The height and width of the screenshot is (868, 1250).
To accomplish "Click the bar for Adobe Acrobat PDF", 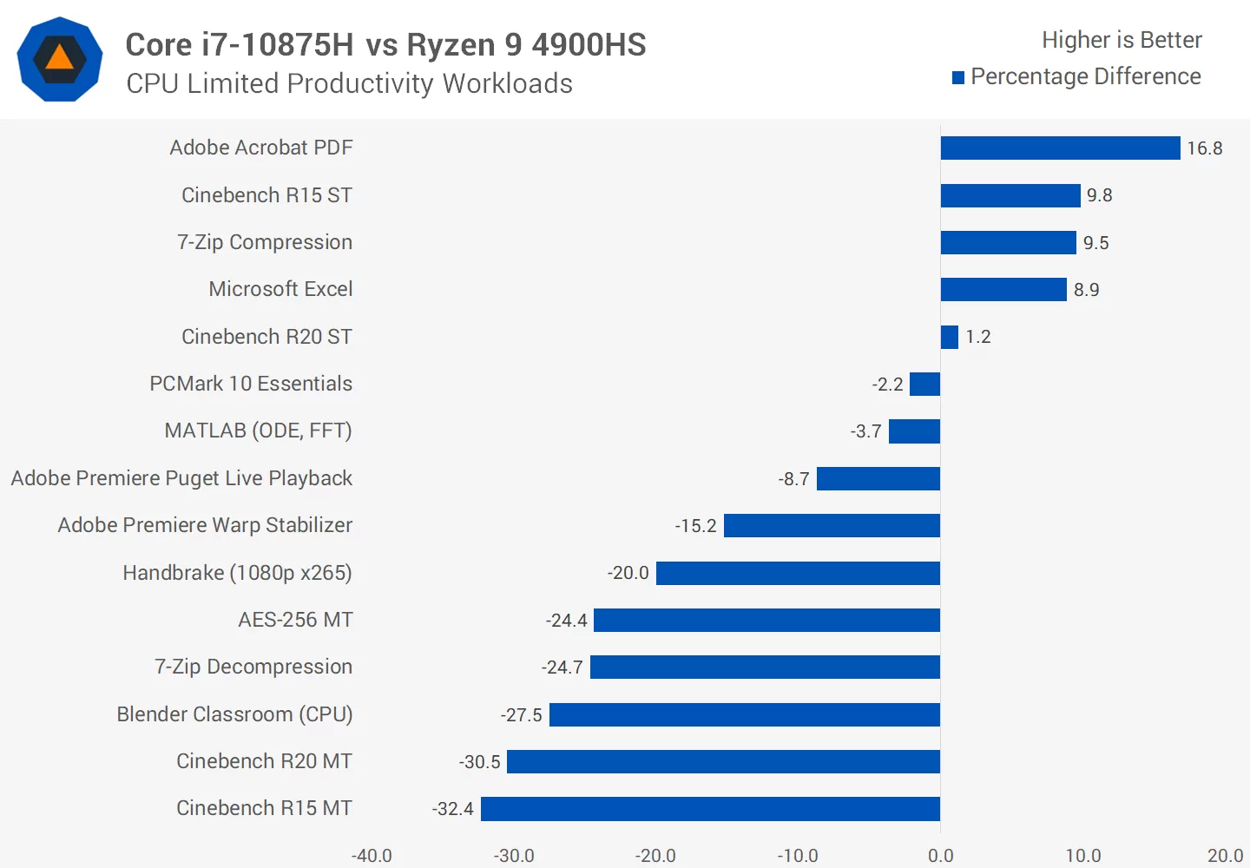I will (1060, 148).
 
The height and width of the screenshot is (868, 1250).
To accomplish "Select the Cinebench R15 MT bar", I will (710, 809).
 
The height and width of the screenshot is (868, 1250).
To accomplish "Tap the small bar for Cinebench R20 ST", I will (949, 337).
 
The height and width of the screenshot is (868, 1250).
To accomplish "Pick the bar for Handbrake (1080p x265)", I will (798, 573).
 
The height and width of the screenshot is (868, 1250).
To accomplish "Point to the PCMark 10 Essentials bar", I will (924, 384).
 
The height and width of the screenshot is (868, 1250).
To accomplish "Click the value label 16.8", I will (1205, 148).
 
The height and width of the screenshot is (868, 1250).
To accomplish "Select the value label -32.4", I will (452, 809).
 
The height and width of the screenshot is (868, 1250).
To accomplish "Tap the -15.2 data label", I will (695, 526).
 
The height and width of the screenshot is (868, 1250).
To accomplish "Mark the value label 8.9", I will (1086, 290).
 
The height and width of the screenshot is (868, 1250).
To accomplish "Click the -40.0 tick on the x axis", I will (372, 856).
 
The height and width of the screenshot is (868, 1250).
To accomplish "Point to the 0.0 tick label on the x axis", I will (940, 856).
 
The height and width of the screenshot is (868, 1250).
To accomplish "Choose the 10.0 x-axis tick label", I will (1082, 856).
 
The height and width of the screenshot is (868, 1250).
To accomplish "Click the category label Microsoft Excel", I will (280, 289).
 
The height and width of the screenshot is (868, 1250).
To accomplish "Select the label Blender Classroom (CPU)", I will (234, 714).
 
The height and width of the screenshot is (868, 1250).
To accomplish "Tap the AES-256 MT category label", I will (295, 620).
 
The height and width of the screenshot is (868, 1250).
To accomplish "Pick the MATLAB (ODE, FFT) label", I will (258, 431).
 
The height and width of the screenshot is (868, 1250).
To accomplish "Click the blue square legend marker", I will (958, 78).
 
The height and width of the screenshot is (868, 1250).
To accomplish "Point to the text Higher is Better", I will (1122, 40).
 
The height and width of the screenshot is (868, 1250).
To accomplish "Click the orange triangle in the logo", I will (59, 58).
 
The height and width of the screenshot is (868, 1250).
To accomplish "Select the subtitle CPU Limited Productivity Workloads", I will (349, 83).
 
